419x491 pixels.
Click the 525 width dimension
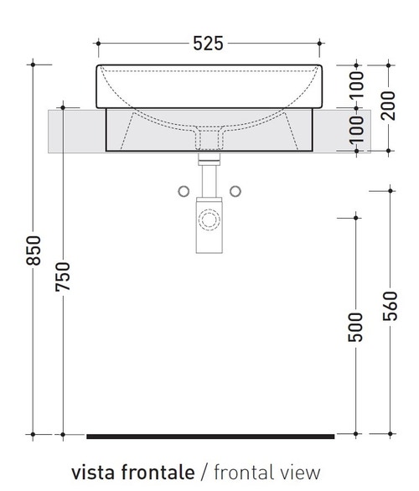pyautogui.click(x=208, y=43)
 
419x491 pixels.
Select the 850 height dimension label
pyautogui.click(x=34, y=250)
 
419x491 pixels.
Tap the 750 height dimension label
pyautogui.click(x=64, y=277)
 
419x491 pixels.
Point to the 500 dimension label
pyautogui.click(x=355, y=327)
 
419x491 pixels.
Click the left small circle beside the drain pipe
pyautogui.click(x=184, y=192)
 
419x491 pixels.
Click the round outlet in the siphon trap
pyautogui.click(x=207, y=222)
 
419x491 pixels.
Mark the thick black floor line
pyautogui.click(x=209, y=436)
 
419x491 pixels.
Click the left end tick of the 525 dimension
pyautogui.click(x=97, y=43)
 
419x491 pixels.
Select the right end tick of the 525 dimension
pyautogui.click(x=321, y=43)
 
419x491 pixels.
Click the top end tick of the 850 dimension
pyautogui.click(x=34, y=64)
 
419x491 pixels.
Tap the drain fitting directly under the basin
pyautogui.click(x=207, y=156)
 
